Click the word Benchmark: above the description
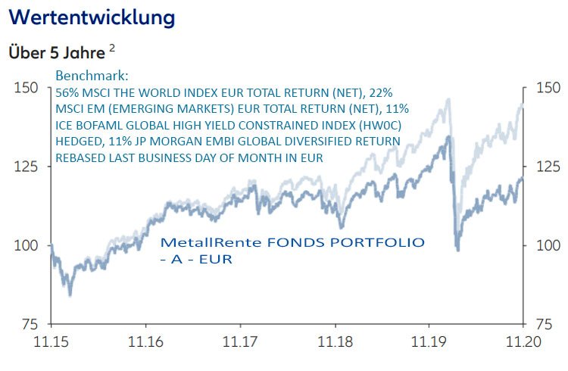click(x=92, y=77)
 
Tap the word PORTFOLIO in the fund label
click(x=378, y=243)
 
